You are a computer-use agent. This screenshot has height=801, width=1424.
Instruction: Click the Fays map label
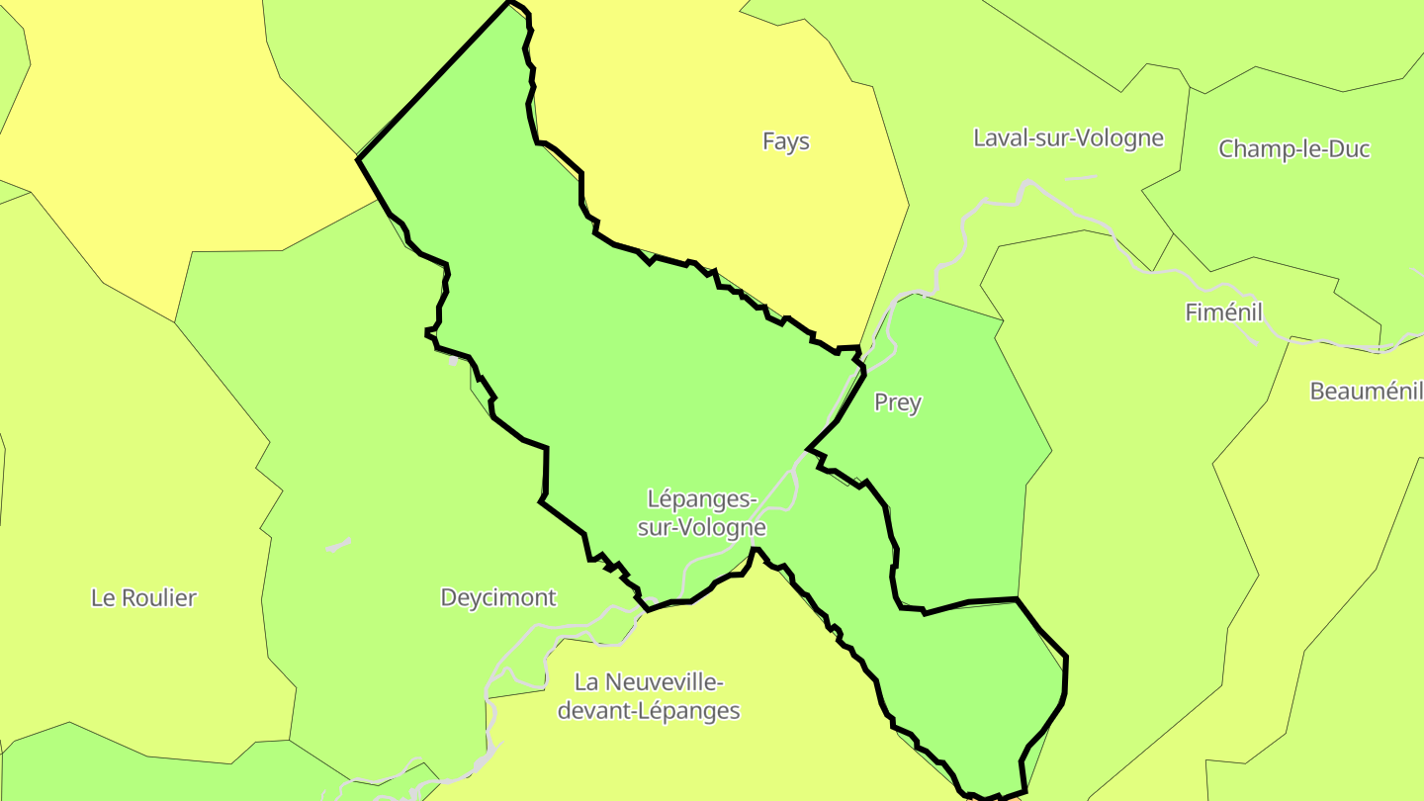786,141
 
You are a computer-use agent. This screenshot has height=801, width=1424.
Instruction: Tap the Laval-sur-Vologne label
1069,137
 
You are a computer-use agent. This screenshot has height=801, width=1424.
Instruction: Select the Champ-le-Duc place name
1294,149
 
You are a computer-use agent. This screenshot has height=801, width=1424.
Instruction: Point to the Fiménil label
1224,312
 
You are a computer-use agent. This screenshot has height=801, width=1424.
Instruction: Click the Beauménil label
1366,391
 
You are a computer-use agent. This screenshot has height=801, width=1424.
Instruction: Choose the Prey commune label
898,402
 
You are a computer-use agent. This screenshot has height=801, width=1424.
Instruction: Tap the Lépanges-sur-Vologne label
701,512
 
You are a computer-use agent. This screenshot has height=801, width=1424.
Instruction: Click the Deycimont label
498,597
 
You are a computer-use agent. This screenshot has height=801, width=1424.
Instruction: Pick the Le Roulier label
143,597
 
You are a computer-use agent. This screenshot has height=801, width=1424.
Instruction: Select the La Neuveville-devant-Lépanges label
649,696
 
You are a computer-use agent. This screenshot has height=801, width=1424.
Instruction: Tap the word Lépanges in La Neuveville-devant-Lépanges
694,711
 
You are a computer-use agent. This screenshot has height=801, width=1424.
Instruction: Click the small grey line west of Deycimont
338,545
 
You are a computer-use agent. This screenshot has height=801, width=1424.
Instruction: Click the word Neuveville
668,682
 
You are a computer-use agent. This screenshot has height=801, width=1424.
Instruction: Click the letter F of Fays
768,141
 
